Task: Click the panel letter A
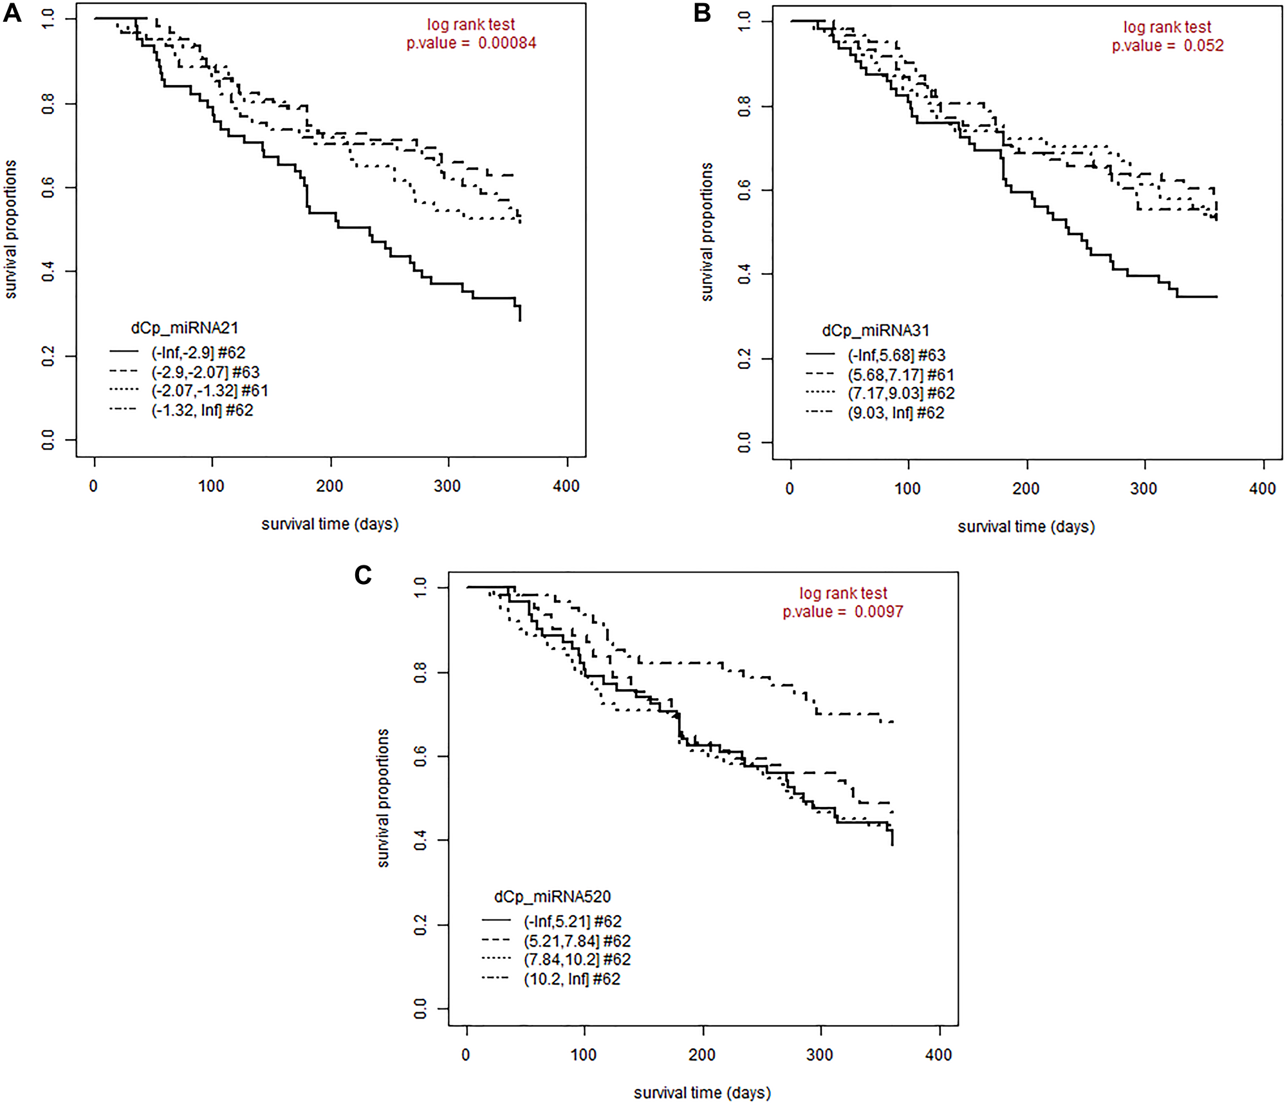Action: point(12,13)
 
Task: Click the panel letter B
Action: point(702,13)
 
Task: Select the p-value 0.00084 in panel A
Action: point(507,43)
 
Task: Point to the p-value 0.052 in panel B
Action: point(1203,46)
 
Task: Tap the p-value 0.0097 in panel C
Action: point(878,612)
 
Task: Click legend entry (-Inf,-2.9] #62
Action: point(198,353)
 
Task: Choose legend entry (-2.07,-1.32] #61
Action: point(210,391)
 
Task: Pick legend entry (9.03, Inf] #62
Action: point(896,413)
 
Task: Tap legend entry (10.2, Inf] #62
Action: point(572,979)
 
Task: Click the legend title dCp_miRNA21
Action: point(185,328)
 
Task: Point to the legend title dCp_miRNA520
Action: point(552,896)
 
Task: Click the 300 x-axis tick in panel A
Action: point(447,486)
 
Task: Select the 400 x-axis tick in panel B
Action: point(1262,489)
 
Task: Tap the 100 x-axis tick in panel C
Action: point(584,1055)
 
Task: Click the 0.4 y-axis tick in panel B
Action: point(745,275)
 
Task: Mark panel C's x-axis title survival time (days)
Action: point(702,1093)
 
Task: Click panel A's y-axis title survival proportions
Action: point(11,229)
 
